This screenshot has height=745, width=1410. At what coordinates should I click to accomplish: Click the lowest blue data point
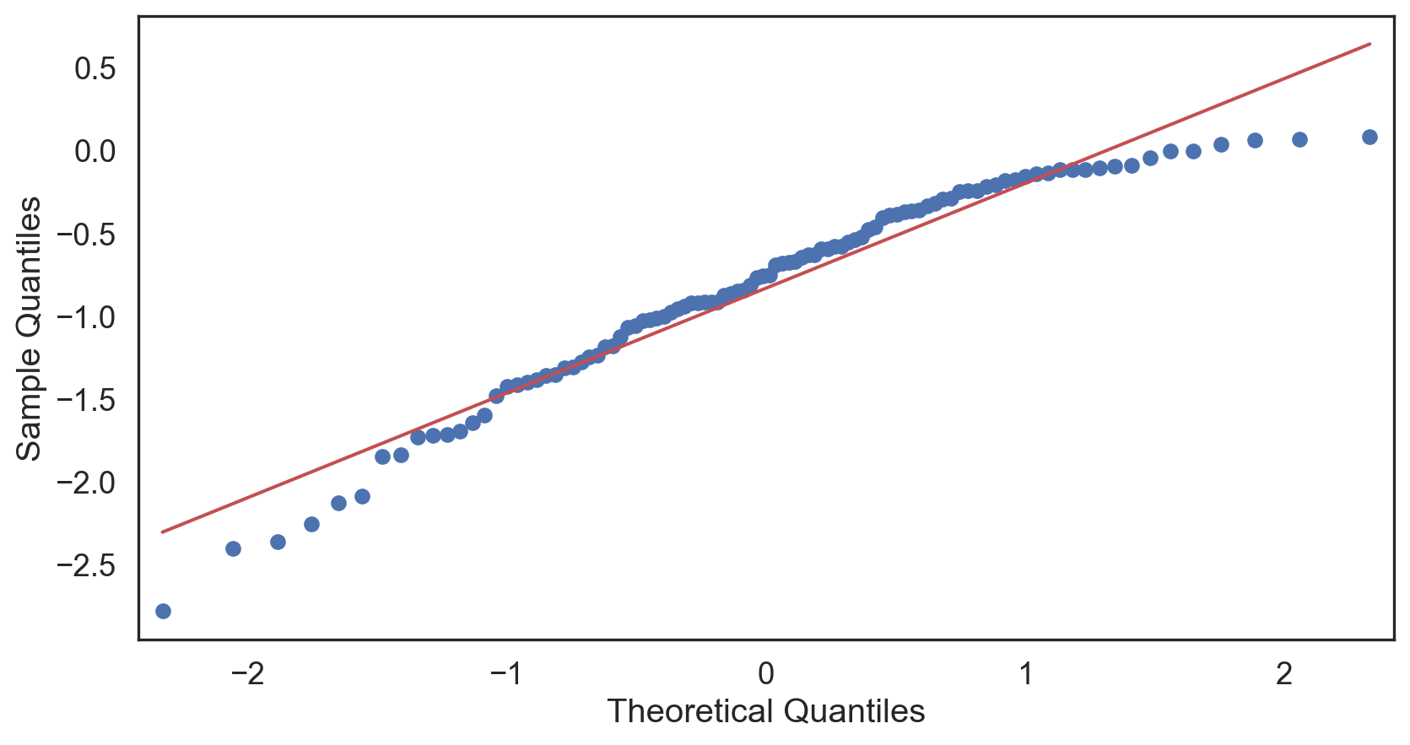pos(163,611)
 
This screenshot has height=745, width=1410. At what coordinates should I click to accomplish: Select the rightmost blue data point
pos(1369,137)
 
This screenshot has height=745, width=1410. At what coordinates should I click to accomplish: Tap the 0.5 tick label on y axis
pos(95,69)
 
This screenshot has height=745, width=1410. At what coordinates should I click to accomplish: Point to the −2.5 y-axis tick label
pos(85,565)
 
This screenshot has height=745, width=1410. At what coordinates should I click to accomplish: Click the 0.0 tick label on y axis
pos(95,152)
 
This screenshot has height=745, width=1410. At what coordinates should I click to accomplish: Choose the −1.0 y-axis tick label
pos(85,318)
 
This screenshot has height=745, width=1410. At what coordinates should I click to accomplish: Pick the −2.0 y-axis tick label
pos(85,483)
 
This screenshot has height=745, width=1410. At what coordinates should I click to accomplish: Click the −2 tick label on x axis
pos(246,674)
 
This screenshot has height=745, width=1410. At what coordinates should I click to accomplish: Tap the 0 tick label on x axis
pos(765,674)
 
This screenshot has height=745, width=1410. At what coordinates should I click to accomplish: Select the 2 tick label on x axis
pos(1284,674)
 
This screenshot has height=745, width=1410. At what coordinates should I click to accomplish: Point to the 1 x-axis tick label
pos(1025,674)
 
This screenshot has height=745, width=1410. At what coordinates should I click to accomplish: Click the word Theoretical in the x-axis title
pos(690,711)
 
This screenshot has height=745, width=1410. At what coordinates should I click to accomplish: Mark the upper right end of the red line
pos(1369,43)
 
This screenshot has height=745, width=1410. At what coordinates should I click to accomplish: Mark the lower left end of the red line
pos(162,532)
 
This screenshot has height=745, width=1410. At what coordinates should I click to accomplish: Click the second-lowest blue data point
pos(233,548)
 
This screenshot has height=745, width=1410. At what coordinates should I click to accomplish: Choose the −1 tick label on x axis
pos(506,674)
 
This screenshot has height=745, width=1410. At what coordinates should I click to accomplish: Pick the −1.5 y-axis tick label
pos(85,401)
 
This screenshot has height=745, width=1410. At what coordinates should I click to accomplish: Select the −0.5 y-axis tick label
pos(85,235)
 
